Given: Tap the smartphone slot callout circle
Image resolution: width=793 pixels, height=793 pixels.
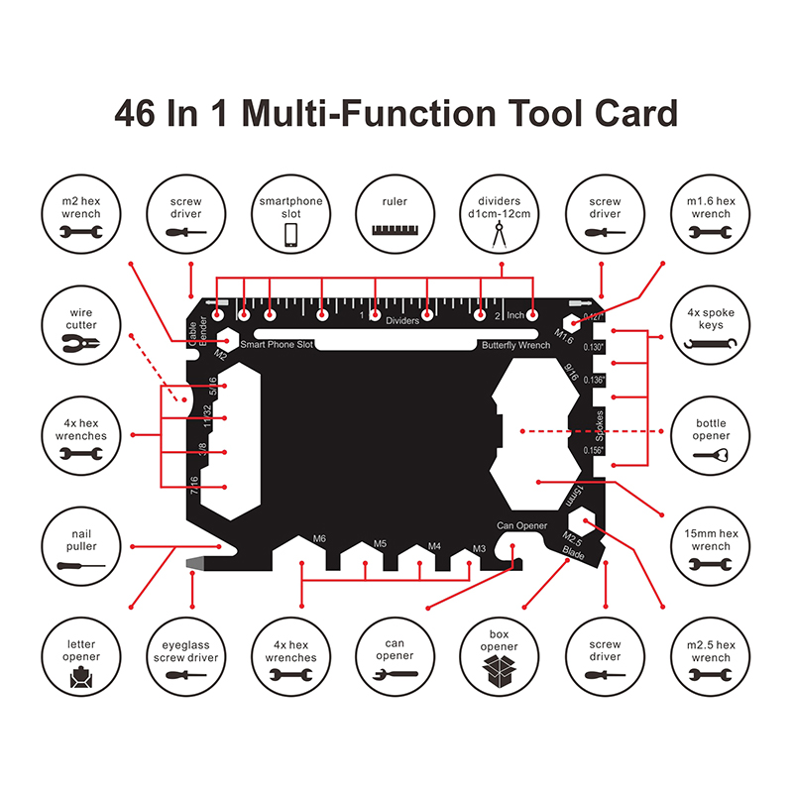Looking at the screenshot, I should coord(291,216).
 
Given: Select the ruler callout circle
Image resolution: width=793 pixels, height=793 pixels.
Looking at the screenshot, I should coord(395,216).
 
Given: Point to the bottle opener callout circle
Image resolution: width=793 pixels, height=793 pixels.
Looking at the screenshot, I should coord(712,437).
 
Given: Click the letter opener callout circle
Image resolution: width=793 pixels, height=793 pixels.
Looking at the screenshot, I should coord(81,655).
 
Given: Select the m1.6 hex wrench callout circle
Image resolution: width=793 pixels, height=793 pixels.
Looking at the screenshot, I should coord(712,216).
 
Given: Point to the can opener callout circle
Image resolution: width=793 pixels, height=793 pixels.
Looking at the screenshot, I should coord(395,655).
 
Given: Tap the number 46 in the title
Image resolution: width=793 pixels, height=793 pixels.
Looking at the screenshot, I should coord(138,112).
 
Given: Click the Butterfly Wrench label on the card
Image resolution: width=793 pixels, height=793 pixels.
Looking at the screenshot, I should coord(515,345).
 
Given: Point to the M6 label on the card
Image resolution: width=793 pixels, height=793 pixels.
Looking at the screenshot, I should coord(319,538).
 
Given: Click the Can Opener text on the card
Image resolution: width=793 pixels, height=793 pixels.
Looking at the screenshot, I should coord(522,524).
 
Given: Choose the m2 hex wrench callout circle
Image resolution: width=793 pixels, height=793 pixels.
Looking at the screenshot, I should coord(81,216).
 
